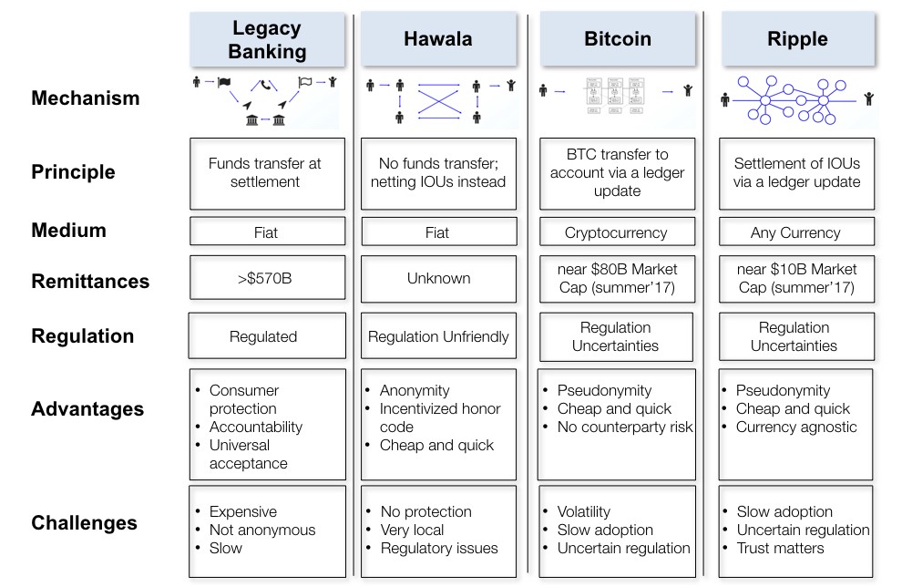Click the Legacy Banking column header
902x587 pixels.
point(267,39)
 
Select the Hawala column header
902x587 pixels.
point(438,39)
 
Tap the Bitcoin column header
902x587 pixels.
point(617,39)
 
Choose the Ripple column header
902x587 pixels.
point(797,39)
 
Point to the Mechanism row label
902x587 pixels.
point(86,98)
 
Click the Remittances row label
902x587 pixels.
point(90,282)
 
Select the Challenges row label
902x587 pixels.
point(84,523)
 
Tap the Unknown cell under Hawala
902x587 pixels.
point(437,279)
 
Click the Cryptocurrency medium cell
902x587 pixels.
point(616,232)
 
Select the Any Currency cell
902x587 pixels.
point(795,232)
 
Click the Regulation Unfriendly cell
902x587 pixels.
point(438,336)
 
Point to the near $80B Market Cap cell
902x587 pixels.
point(617,279)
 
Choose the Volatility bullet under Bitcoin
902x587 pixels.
point(584,511)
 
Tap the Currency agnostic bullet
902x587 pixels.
point(796,427)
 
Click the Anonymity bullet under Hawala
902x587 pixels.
point(415,390)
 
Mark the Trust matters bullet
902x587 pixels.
point(780,548)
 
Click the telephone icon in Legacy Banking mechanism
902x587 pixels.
point(266,86)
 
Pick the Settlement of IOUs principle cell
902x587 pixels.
point(796,172)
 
